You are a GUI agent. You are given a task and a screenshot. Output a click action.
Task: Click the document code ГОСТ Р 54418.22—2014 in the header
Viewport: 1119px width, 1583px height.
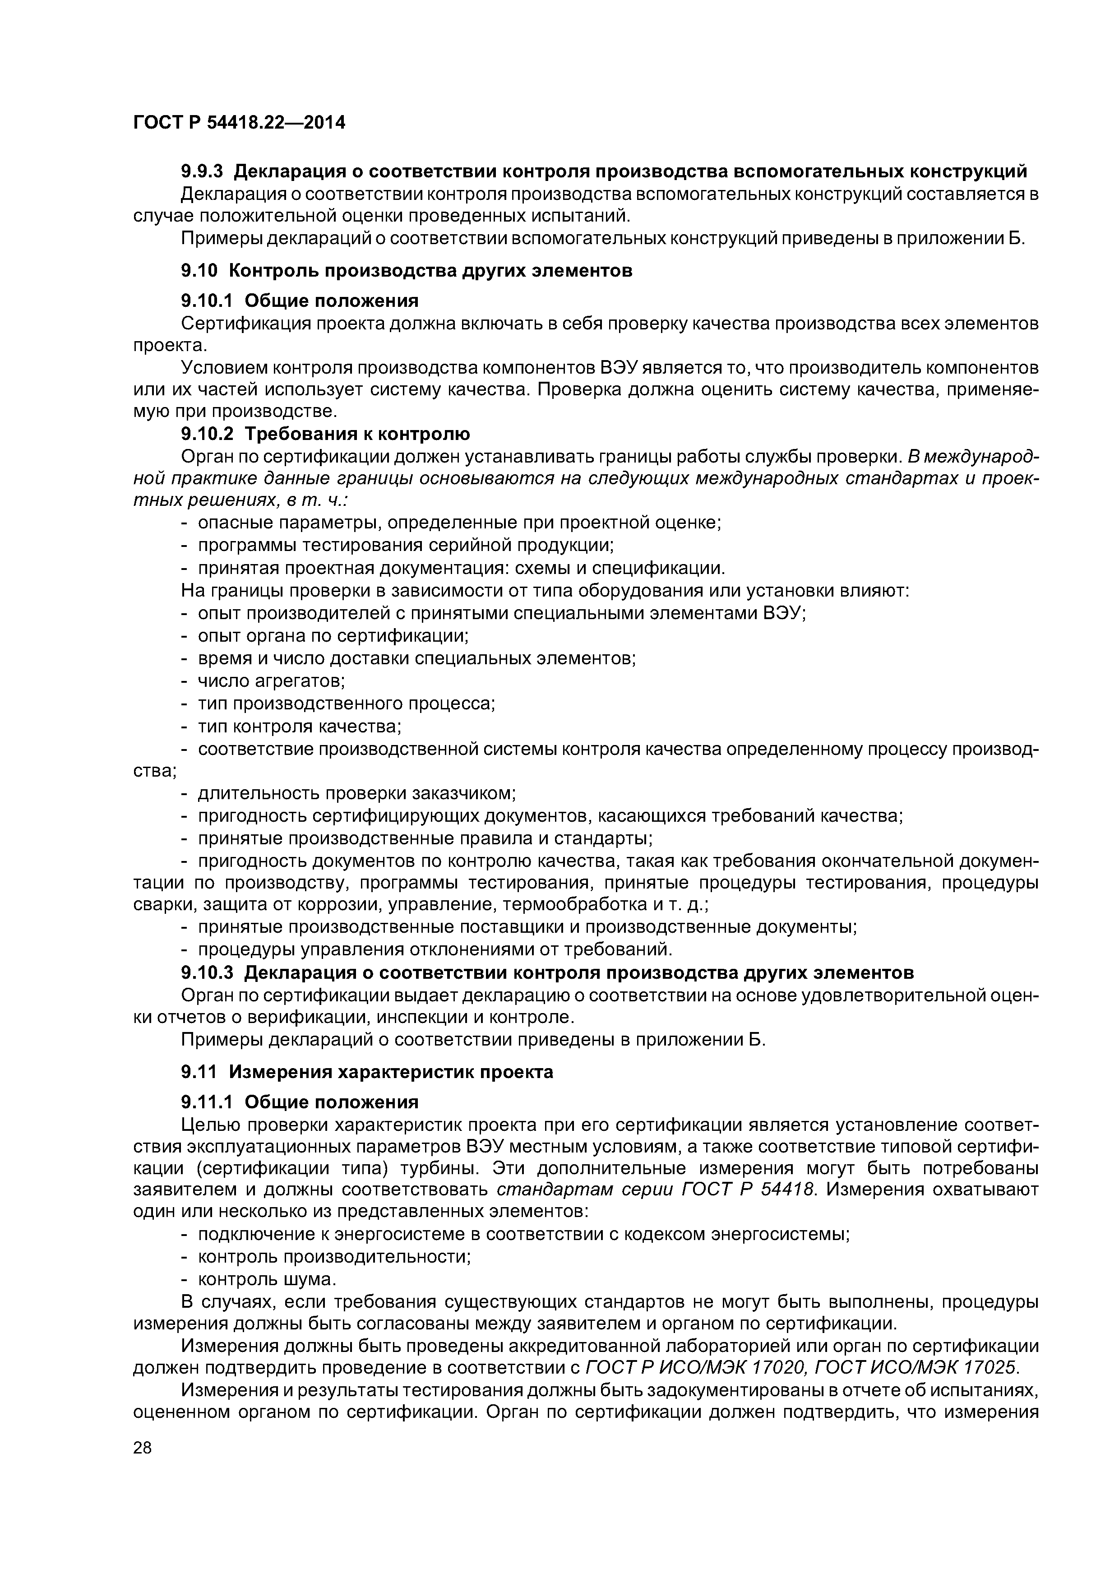coord(239,123)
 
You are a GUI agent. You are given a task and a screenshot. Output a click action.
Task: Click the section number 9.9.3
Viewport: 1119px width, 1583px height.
coord(203,170)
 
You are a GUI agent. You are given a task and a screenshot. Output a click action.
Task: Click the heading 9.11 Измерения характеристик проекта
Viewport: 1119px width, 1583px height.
coord(367,1071)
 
